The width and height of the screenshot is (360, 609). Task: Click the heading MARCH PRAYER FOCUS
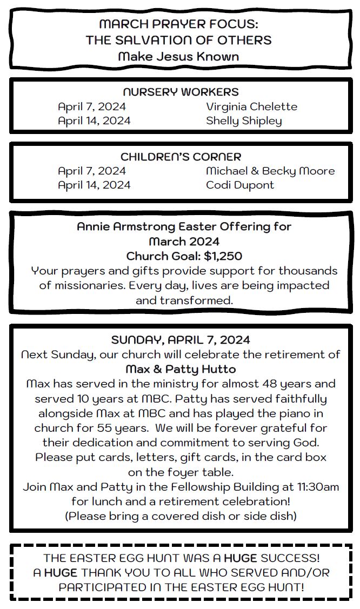178,24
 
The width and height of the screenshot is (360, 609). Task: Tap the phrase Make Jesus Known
178,56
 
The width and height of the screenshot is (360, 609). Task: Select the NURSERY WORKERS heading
181,92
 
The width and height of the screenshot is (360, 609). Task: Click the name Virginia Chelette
251,106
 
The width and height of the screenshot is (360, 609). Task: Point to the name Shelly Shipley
244,121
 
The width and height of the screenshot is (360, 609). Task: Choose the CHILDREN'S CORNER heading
181,157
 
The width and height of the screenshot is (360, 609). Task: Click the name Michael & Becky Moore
270,171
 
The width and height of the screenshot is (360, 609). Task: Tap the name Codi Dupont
240,185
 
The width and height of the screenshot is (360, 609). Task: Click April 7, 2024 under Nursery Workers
92,106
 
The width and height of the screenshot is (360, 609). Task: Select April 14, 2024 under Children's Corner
94,185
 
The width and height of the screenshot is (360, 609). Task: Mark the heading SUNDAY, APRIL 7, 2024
181,340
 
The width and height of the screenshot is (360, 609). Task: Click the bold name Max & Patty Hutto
181,369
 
